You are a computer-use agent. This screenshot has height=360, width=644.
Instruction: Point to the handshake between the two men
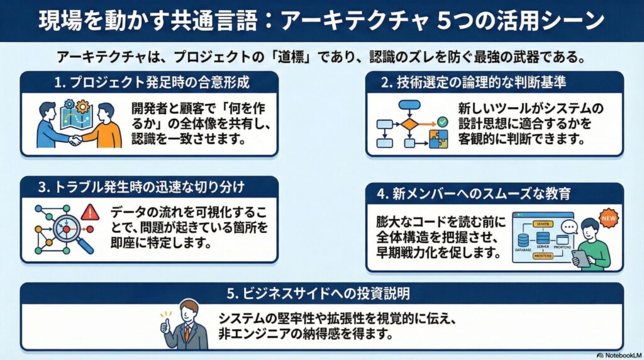[x=75, y=140]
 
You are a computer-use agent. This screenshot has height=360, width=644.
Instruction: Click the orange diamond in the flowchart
[x=409, y=123]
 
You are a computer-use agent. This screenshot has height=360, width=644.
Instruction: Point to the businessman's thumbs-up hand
[x=165, y=326]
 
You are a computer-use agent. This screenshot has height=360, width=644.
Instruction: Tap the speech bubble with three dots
[x=569, y=227]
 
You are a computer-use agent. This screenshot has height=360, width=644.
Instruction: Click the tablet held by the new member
[x=580, y=258]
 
